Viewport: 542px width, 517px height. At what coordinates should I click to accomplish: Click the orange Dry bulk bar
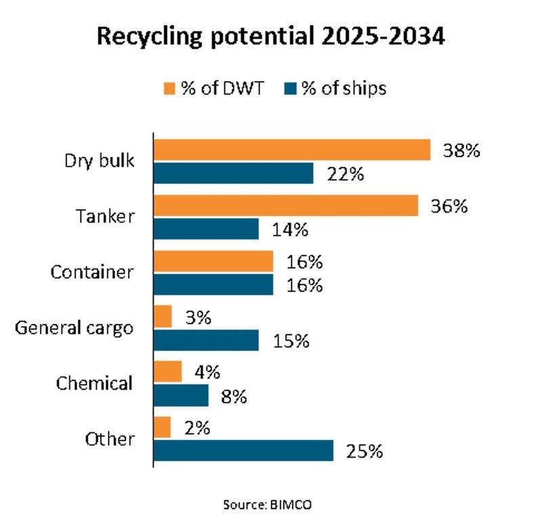[293, 150]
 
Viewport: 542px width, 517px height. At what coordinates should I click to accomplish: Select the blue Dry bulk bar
[234, 173]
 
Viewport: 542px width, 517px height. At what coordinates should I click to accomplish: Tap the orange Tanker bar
[287, 206]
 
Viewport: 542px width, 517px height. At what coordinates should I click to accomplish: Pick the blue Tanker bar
[207, 229]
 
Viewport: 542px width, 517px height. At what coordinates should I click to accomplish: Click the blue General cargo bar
[207, 340]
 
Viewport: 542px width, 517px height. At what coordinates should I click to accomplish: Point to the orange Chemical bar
[169, 372]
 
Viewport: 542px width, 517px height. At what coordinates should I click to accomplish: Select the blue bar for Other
[245, 450]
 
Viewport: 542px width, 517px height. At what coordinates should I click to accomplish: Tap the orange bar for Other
[163, 427]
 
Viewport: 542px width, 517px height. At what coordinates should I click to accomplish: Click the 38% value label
[461, 150]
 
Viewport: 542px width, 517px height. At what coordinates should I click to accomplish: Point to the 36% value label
[449, 206]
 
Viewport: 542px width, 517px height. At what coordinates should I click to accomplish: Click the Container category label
[92, 273]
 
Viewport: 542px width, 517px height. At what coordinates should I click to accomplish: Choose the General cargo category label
[75, 328]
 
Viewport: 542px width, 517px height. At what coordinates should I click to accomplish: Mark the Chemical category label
[94, 384]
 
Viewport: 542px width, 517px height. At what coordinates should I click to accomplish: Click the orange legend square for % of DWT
[169, 89]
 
